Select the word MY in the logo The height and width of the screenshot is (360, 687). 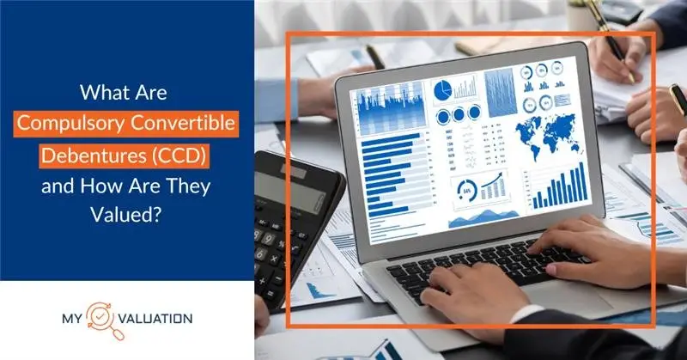point(79,320)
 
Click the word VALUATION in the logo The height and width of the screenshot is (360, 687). point(162,320)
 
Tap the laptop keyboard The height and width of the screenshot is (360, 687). point(481,266)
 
